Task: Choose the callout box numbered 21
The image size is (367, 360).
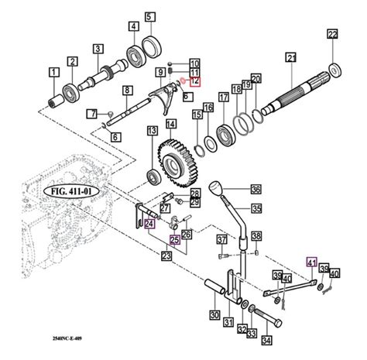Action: (x=291, y=57)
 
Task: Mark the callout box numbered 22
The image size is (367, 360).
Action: (x=332, y=34)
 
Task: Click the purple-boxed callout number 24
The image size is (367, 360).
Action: (x=149, y=225)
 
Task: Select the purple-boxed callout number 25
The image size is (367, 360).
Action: (x=175, y=240)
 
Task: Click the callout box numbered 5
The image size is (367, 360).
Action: (x=149, y=15)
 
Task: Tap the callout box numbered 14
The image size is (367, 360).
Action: (x=170, y=122)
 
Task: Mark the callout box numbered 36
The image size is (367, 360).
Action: (x=255, y=188)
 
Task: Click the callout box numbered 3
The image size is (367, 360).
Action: (x=98, y=49)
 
